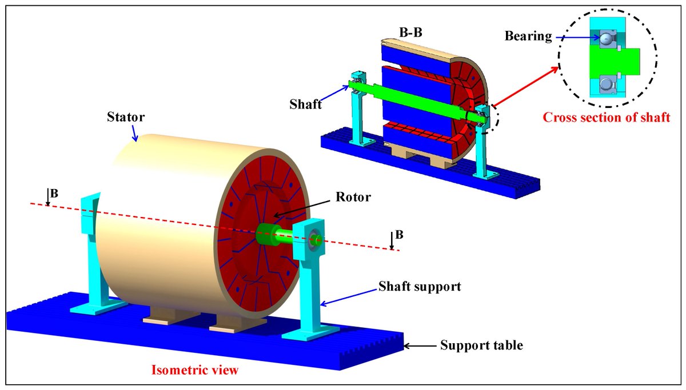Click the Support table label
click(x=481, y=345)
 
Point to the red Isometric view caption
click(x=194, y=370)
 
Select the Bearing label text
click(x=528, y=37)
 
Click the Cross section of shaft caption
click(x=607, y=118)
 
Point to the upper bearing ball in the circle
click(x=606, y=38)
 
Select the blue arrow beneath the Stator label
click(x=134, y=132)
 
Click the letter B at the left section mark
click(x=54, y=193)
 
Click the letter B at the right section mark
click(x=399, y=235)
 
